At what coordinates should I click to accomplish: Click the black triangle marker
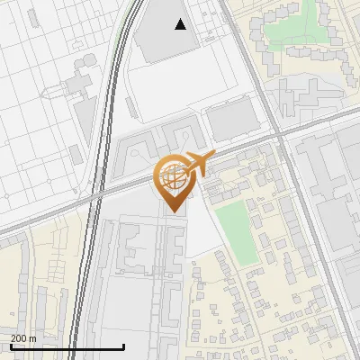[181, 24]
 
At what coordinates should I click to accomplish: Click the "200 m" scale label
[23, 337]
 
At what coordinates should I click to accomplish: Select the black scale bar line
[67, 346]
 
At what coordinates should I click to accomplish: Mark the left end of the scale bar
[10, 346]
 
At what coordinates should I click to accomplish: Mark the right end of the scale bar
[123, 346]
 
